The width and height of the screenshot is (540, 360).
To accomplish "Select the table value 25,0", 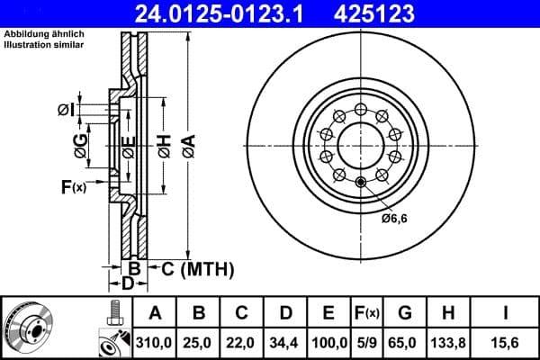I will (198, 341).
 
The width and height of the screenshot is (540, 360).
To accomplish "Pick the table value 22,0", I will (242, 341).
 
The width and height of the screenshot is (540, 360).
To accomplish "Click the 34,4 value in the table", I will (285, 341).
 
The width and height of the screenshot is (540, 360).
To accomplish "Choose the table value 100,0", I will (329, 341).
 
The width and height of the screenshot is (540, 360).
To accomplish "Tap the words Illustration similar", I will (44, 44).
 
